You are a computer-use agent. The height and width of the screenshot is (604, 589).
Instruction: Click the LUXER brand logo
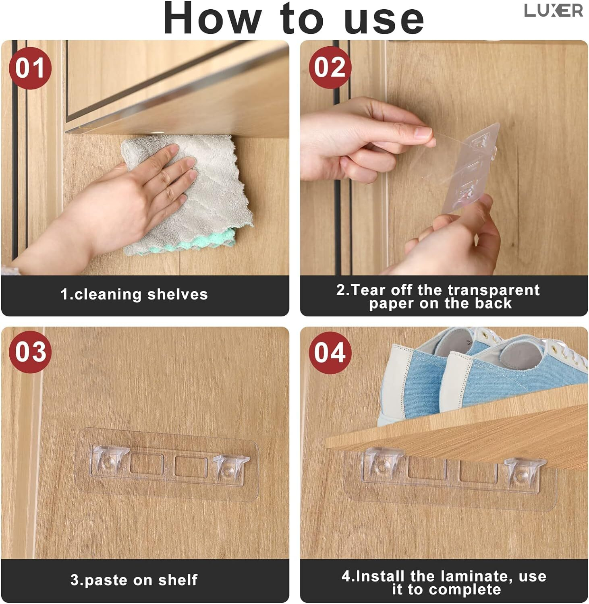(x=553, y=10)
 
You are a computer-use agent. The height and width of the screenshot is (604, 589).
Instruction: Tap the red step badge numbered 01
(x=30, y=68)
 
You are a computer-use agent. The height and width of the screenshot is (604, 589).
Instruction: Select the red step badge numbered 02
(x=330, y=67)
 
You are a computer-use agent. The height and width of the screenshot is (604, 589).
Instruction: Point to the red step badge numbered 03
(x=30, y=352)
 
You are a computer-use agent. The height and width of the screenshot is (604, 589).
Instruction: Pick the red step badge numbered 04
(x=330, y=353)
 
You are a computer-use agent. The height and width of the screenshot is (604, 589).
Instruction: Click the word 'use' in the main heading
(x=384, y=20)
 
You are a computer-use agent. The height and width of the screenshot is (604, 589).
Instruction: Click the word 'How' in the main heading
(x=212, y=18)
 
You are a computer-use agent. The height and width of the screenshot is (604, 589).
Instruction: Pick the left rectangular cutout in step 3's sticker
(x=147, y=464)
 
